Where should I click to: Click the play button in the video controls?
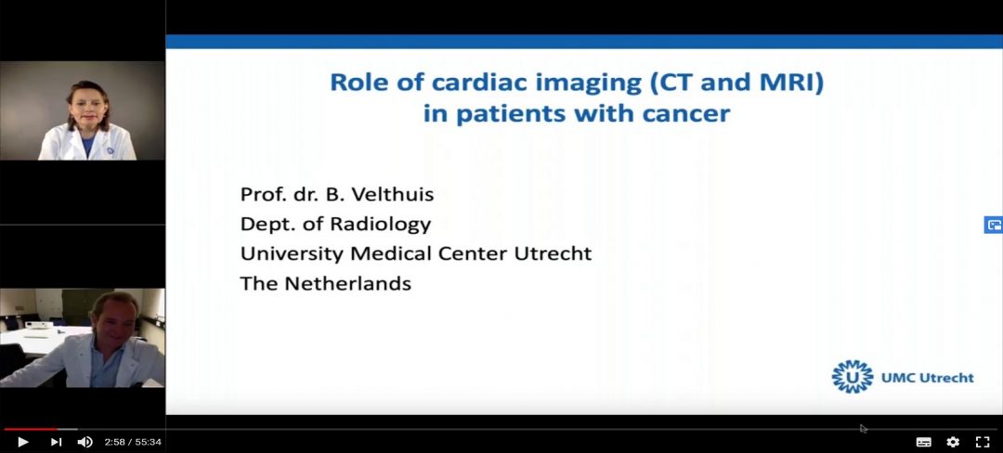[x=22, y=442]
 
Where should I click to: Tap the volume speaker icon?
[x=85, y=442]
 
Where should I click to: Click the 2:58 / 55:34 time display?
[x=133, y=442]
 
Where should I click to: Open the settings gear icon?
[x=953, y=442]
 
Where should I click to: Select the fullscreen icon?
[x=983, y=442]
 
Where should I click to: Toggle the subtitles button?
[x=924, y=442]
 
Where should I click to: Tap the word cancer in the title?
[x=693, y=114]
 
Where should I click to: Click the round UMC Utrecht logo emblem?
[x=852, y=376]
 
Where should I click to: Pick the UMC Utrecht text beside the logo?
[x=928, y=378]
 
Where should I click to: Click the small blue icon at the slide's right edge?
[x=994, y=225]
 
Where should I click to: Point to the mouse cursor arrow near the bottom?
[x=864, y=429]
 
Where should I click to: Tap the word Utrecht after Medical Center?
[x=553, y=253]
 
